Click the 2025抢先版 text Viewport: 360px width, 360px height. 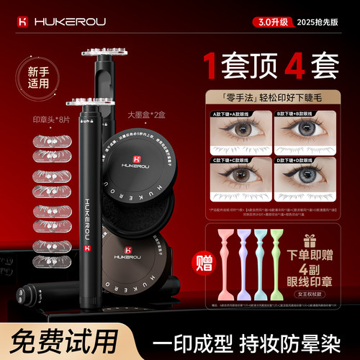coord(322,21)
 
